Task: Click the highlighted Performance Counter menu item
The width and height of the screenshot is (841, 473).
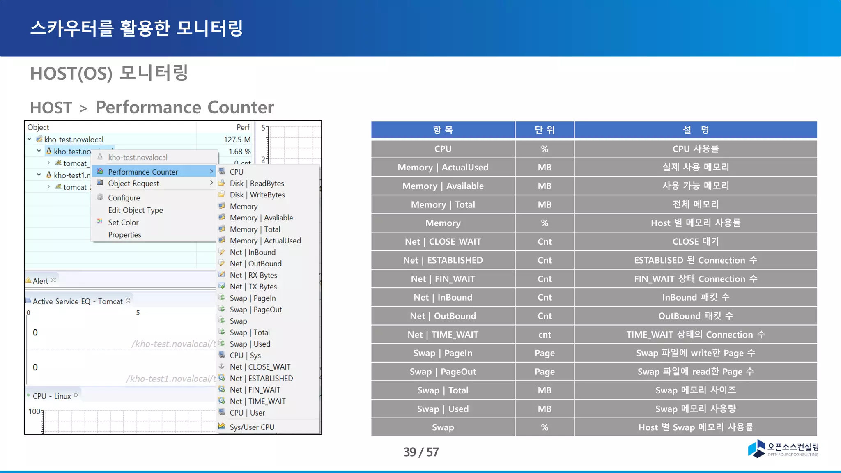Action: tap(143, 172)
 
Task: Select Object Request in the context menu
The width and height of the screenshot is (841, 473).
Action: tap(133, 184)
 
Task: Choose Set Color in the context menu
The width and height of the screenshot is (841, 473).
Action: tap(123, 223)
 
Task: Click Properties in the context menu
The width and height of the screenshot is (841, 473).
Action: tap(124, 235)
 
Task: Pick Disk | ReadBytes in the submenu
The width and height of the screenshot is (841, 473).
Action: tap(257, 184)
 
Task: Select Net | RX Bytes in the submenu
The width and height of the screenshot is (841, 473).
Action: tap(253, 275)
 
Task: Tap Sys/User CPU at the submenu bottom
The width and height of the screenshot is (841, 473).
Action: tap(252, 427)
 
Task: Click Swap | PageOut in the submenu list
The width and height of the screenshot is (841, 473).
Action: tap(255, 310)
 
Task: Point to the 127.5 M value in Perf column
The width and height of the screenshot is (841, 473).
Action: tap(237, 140)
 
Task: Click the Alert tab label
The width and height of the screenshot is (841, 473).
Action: tap(40, 281)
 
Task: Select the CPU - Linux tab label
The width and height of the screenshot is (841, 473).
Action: tap(52, 396)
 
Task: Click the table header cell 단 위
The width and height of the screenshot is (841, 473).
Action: tap(545, 130)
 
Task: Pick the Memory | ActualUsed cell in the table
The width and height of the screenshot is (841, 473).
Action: tap(443, 168)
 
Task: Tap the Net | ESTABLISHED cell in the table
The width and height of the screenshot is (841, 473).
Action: tap(443, 260)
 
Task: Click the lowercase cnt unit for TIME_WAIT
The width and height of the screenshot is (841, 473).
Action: tap(545, 335)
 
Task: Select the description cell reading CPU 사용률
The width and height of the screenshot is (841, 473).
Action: tap(695, 149)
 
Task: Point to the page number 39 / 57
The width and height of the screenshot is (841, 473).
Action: tap(421, 452)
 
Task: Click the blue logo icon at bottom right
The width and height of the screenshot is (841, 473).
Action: tap(756, 448)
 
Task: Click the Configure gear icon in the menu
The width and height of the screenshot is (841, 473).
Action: tap(100, 197)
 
